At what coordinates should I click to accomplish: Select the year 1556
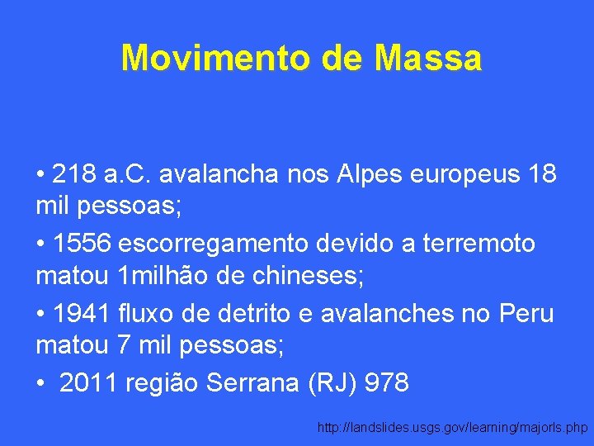pyautogui.click(x=82, y=244)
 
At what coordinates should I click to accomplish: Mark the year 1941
pyautogui.click(x=82, y=315)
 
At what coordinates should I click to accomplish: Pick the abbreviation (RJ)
pyautogui.click(x=328, y=384)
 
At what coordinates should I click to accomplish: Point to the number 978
pyautogui.click(x=385, y=384)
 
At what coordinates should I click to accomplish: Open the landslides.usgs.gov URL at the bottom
pyautogui.click(x=452, y=428)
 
